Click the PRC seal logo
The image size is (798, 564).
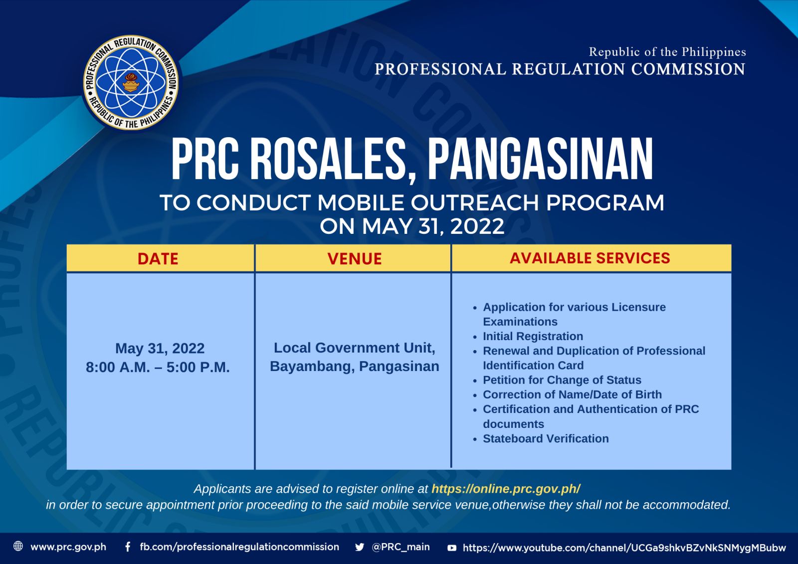tap(131, 82)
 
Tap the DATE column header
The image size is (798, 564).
tap(158, 259)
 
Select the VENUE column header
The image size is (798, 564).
tap(355, 259)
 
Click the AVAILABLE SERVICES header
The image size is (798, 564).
tap(590, 258)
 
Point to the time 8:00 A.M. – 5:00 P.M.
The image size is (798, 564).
tap(158, 367)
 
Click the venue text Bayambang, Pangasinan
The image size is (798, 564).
tap(355, 366)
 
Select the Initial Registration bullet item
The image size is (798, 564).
tap(533, 336)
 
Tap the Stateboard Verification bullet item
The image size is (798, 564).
tap(546, 438)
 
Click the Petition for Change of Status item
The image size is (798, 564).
tap(562, 380)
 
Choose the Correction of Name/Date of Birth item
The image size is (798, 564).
tap(572, 394)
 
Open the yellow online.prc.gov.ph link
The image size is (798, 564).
tap(506, 489)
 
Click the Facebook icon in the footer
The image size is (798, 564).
tap(128, 547)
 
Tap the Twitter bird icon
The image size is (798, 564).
tap(360, 547)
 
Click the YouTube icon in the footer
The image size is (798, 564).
tap(452, 548)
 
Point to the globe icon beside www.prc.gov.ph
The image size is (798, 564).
tap(18, 546)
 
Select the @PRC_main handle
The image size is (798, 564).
tap(400, 547)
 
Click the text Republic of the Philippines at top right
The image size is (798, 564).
tap(667, 52)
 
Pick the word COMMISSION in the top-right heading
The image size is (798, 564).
tap(688, 69)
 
